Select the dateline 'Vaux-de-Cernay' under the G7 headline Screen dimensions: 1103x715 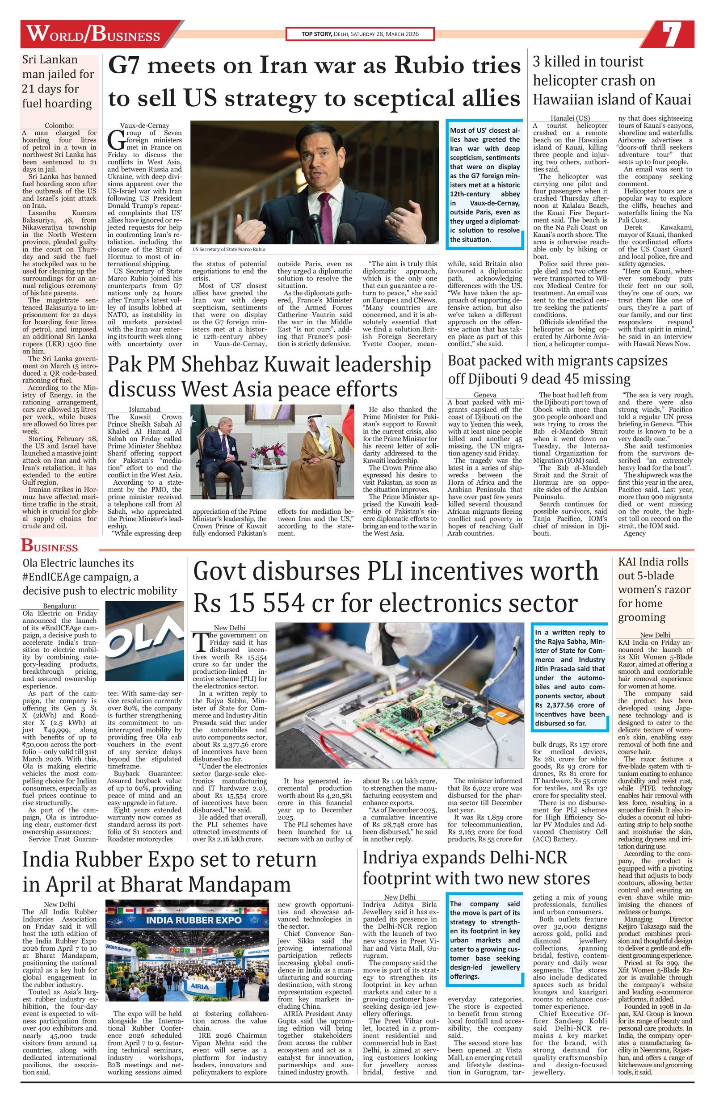point(144,125)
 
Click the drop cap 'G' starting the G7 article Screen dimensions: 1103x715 point(114,138)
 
